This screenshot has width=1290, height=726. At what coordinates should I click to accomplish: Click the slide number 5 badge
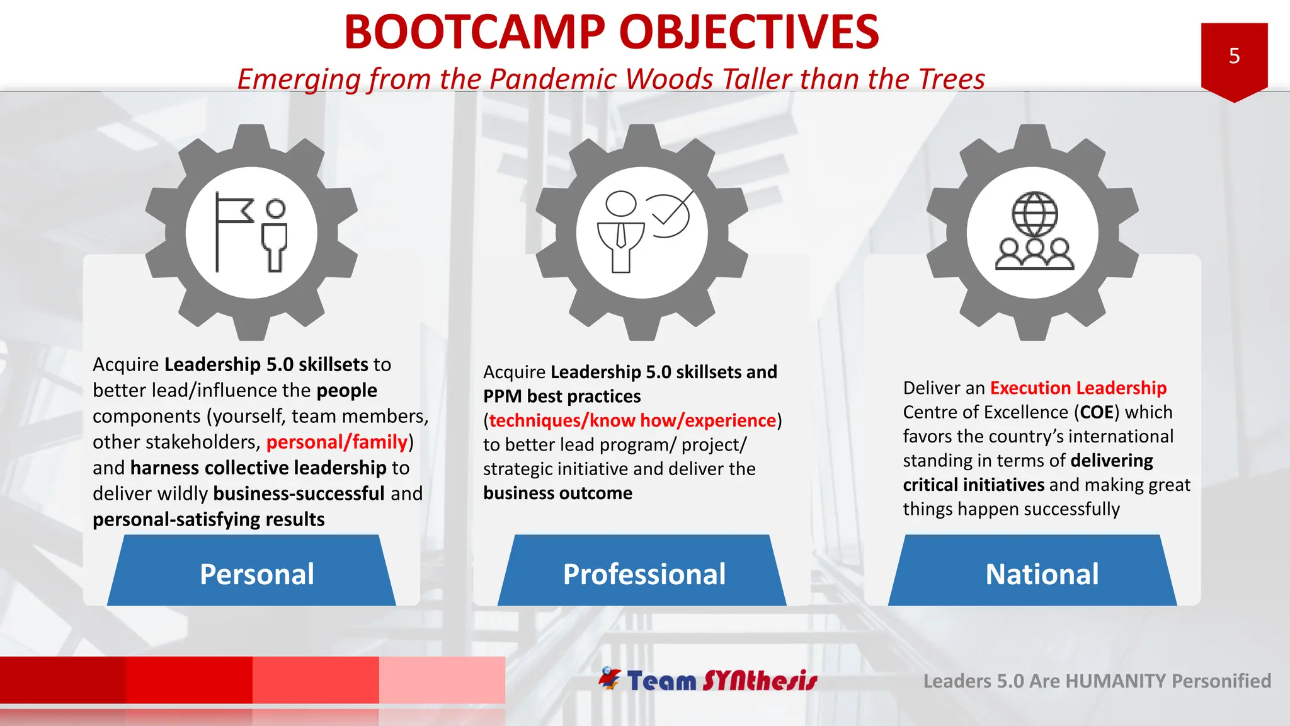pyautogui.click(x=1234, y=57)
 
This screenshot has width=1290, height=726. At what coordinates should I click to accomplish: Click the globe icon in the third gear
pyautogui.click(x=1034, y=214)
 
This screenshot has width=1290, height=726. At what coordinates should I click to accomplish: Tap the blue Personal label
pyautogui.click(x=256, y=573)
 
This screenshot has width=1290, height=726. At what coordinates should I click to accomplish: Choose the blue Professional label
pyautogui.click(x=644, y=573)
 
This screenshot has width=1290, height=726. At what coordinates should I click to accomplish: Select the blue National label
pyautogui.click(x=1042, y=573)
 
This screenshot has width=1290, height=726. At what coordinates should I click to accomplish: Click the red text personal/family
pyautogui.click(x=337, y=442)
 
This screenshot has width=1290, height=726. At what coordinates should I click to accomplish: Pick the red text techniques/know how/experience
pyautogui.click(x=632, y=420)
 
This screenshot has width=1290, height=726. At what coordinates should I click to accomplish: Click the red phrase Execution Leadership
pyautogui.click(x=1078, y=388)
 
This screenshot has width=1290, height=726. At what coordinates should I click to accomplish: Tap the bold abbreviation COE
pyautogui.click(x=1097, y=412)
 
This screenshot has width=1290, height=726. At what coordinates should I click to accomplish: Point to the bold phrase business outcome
pyautogui.click(x=557, y=493)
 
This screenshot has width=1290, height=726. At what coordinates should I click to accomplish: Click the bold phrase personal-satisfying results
pyautogui.click(x=208, y=519)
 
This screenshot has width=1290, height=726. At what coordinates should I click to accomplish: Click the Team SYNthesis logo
pyautogui.click(x=708, y=680)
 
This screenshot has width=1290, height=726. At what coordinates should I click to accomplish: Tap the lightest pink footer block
pyautogui.click(x=442, y=679)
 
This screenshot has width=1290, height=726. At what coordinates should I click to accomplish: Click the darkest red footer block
pyautogui.click(x=63, y=679)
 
